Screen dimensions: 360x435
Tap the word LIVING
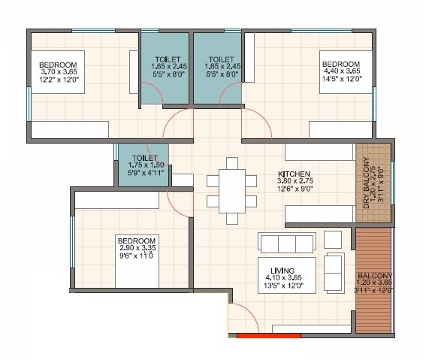click(x=282, y=270)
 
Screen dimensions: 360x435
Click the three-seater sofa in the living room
click(x=285, y=243)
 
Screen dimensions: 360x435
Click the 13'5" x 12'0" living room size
click(x=282, y=286)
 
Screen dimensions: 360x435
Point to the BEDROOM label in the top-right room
click(x=340, y=62)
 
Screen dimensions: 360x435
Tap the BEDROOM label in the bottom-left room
click(x=137, y=239)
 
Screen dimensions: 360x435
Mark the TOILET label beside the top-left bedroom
click(x=167, y=59)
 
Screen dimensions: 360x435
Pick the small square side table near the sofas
click(x=332, y=239)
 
